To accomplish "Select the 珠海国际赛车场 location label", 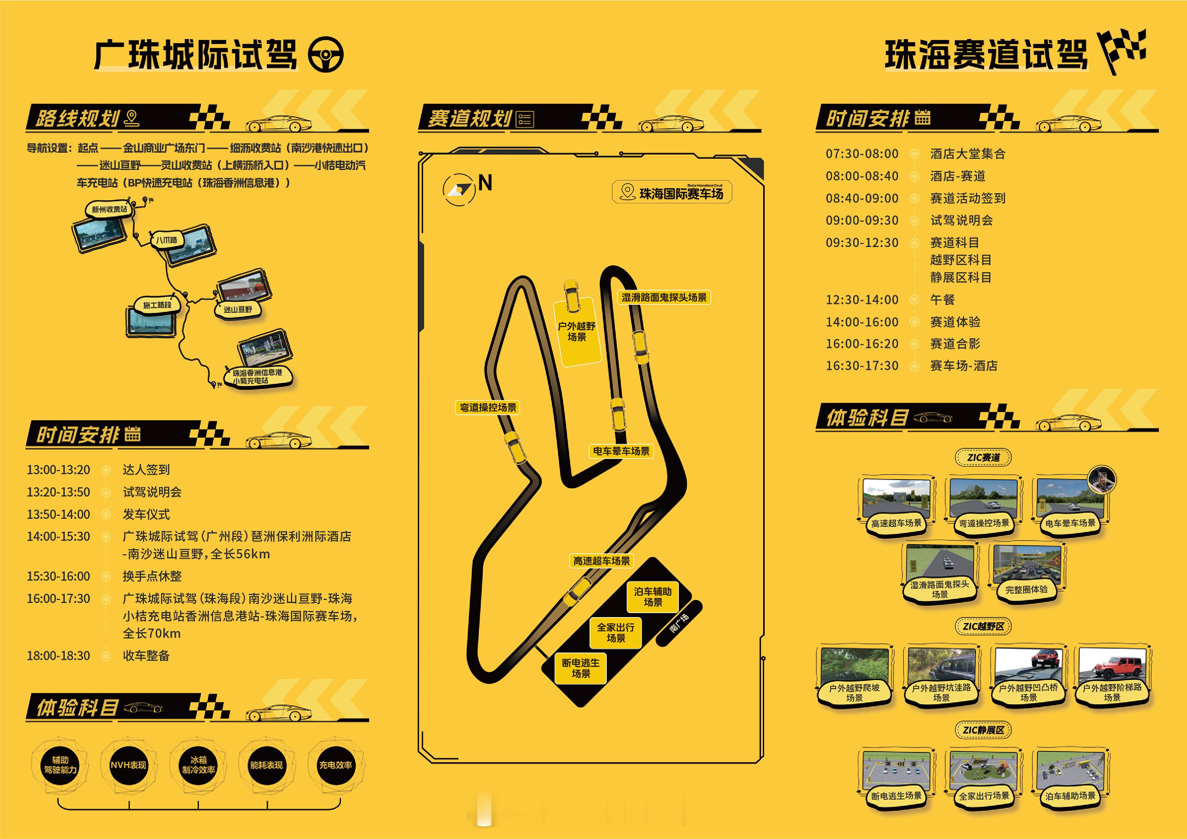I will click(x=672, y=193).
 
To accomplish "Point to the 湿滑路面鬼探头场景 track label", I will click(x=664, y=297).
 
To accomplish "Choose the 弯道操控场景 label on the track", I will click(x=487, y=408).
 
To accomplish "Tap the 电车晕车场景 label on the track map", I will click(x=621, y=451).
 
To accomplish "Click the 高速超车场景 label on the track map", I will click(x=601, y=561).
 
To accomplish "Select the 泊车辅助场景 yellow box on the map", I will click(x=653, y=597).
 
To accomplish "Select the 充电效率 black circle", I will click(x=336, y=765).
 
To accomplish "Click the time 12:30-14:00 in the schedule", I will click(x=862, y=299).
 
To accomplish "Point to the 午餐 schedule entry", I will click(x=942, y=299).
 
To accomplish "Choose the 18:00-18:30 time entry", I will click(x=59, y=655).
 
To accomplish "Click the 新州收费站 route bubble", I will click(x=109, y=209).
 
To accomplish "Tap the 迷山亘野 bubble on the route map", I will click(x=238, y=309).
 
